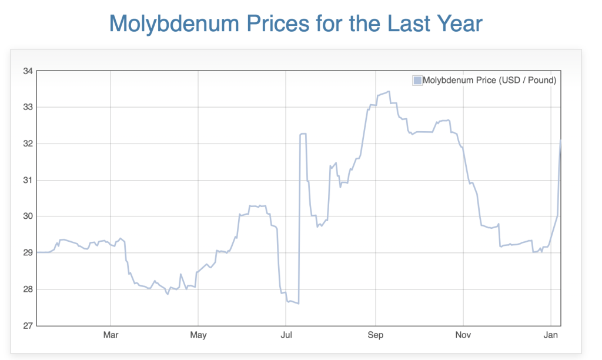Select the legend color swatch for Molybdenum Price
(417, 81)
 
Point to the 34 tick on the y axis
(28, 71)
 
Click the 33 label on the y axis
(28, 107)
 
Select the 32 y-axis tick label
(28, 144)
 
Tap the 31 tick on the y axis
(28, 180)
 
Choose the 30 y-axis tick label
(28, 216)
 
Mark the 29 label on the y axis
(28, 253)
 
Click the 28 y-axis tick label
(28, 289)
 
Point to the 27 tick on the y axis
(28, 325)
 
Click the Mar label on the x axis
(111, 336)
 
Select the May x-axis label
(198, 336)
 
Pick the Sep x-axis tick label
(375, 336)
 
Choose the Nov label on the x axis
(463, 336)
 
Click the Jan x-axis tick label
(550, 336)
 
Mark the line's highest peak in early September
(389, 92)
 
